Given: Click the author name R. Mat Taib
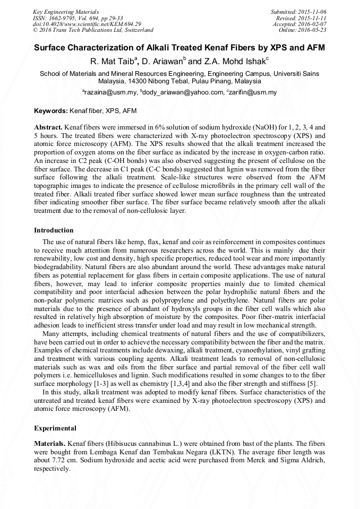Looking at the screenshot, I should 114,62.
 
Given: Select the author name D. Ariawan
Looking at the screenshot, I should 164,62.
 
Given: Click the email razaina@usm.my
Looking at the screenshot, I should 110,93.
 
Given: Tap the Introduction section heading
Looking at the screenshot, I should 54,230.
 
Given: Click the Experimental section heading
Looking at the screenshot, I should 55,428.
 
